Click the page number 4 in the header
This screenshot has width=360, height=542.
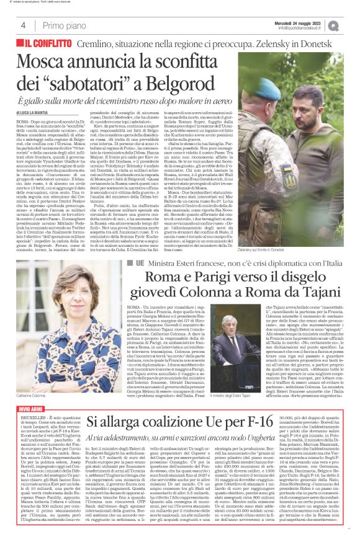23,25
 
